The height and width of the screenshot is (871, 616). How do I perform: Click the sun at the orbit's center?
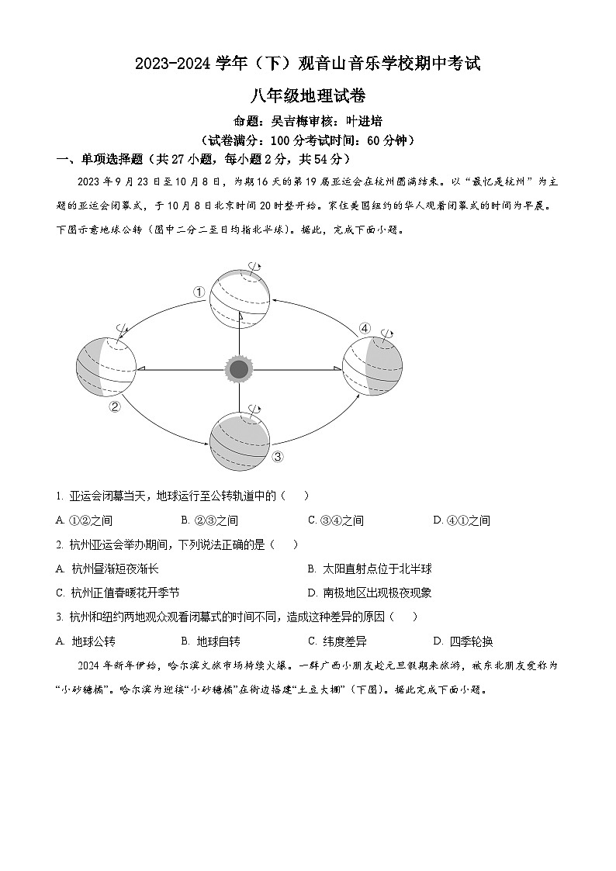239,368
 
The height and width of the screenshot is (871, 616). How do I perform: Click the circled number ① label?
199,292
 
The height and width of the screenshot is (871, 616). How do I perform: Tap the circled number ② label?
115,406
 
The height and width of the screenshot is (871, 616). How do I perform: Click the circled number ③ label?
279,456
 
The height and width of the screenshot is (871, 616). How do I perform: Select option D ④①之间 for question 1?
462,520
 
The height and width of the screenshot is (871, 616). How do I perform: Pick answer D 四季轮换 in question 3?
463,641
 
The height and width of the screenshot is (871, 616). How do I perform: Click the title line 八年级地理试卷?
307,96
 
